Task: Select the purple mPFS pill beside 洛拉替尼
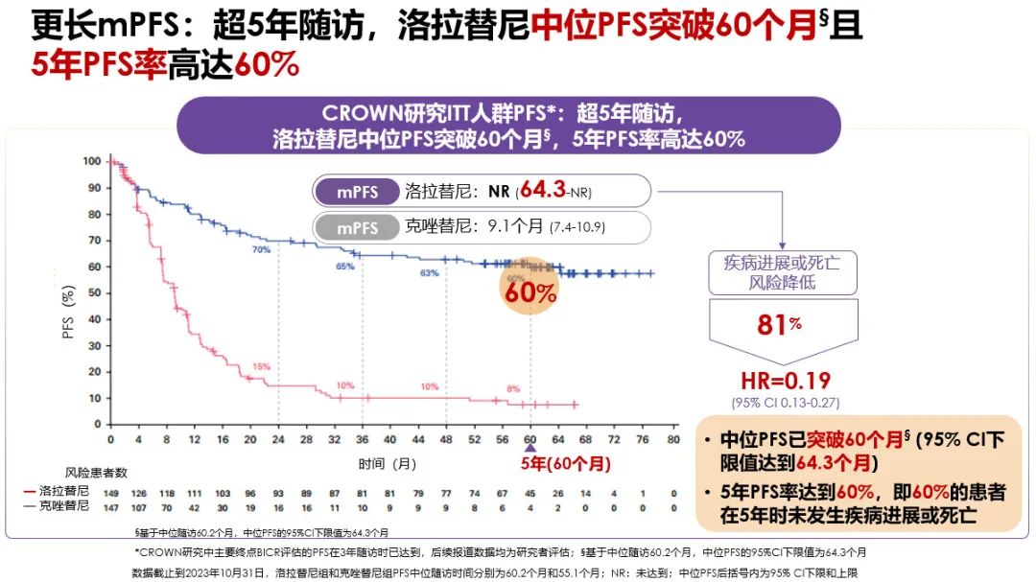(x=356, y=191)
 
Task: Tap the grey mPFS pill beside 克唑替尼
(x=356, y=227)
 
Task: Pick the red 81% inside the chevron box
(x=779, y=324)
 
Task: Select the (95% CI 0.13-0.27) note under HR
(x=779, y=402)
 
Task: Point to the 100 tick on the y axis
(x=92, y=161)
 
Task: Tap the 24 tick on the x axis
(x=278, y=438)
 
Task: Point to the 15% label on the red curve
(x=261, y=366)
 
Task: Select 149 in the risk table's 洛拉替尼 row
(x=111, y=492)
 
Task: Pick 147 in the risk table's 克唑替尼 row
(x=111, y=504)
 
